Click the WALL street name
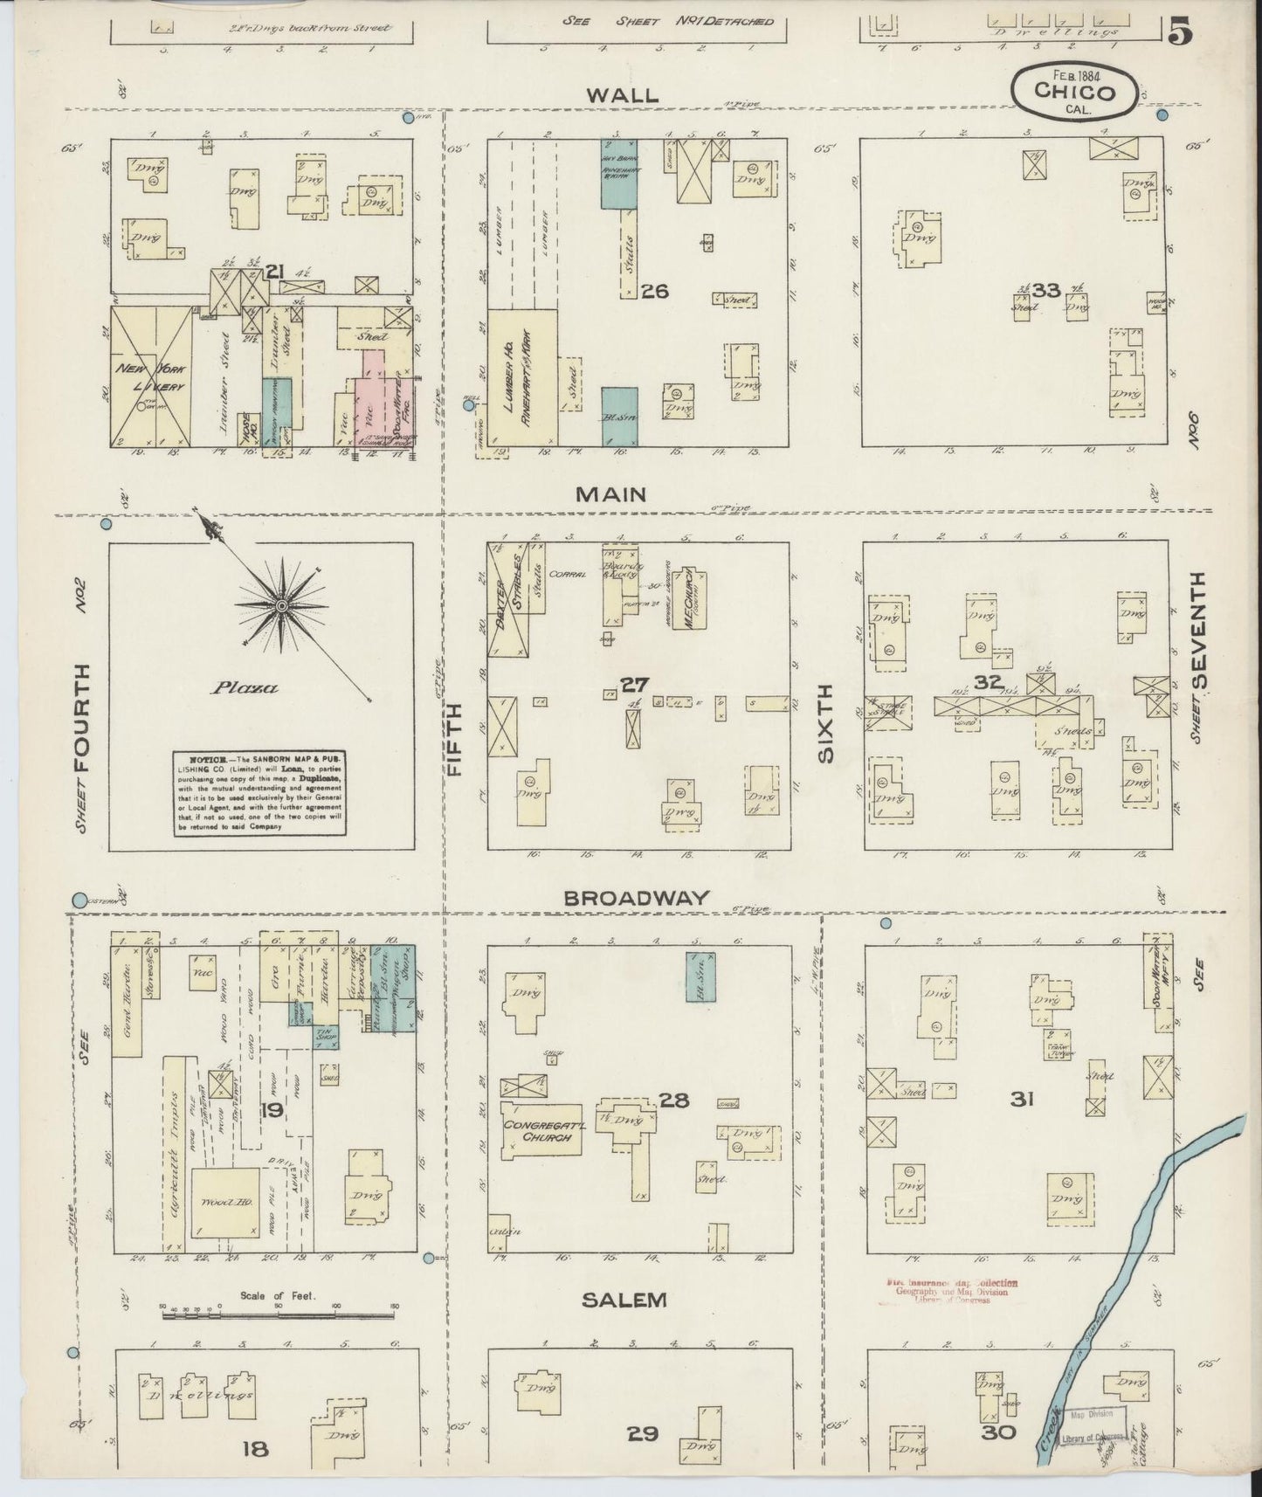click(x=622, y=95)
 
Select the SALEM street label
click(x=624, y=1300)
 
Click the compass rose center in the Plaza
click(x=282, y=604)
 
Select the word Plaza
click(x=245, y=687)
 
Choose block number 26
click(x=654, y=291)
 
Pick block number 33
click(x=1045, y=290)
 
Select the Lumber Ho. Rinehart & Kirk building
click(x=522, y=378)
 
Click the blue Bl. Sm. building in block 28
click(x=700, y=976)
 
